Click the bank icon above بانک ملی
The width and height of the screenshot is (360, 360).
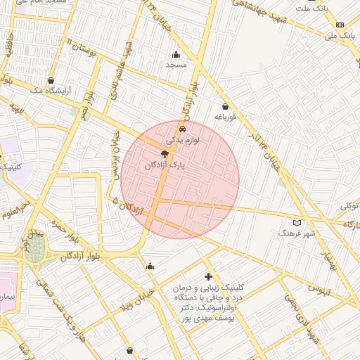340,24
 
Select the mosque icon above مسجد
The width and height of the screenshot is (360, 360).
176,54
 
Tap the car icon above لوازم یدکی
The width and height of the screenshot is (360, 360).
183,129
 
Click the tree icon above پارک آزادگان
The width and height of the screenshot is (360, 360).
165,154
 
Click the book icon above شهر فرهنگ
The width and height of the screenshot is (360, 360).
297,222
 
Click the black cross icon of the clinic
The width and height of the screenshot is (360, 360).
208,277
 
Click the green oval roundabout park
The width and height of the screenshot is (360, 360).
34,247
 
